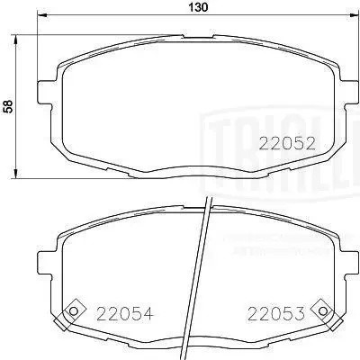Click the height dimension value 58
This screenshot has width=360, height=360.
click(8, 105)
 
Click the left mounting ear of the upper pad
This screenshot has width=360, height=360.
click(44, 90)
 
